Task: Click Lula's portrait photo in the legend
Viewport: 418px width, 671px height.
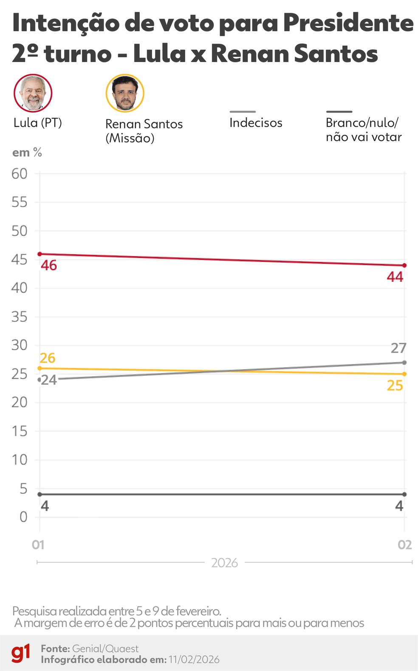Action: tap(33, 93)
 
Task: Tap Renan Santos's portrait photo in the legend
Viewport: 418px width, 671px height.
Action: tap(125, 93)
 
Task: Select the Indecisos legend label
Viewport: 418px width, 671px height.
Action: tap(256, 123)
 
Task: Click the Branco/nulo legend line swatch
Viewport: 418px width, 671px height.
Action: tap(339, 112)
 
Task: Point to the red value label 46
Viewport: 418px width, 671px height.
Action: tap(49, 266)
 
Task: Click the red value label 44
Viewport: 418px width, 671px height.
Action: tap(395, 277)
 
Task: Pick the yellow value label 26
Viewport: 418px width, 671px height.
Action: tap(48, 358)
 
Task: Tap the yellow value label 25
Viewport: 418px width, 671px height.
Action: tap(395, 386)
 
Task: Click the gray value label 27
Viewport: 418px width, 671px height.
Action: tap(398, 348)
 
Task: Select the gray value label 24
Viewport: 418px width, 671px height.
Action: tap(49, 380)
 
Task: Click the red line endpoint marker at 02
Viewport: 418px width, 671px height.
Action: tap(404, 266)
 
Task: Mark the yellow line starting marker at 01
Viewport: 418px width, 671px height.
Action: tap(40, 368)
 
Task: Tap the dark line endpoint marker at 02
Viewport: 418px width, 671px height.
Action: tap(404, 494)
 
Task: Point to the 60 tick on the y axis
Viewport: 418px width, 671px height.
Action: tap(19, 174)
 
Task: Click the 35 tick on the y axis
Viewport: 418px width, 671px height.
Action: tap(19, 317)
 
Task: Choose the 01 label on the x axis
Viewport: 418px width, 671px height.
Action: tap(38, 545)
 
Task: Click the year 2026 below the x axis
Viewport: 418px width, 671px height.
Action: tap(224, 563)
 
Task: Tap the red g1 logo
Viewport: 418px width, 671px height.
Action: tap(21, 653)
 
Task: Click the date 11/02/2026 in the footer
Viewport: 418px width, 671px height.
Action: tap(194, 660)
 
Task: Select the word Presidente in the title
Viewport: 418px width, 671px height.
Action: tap(348, 23)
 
